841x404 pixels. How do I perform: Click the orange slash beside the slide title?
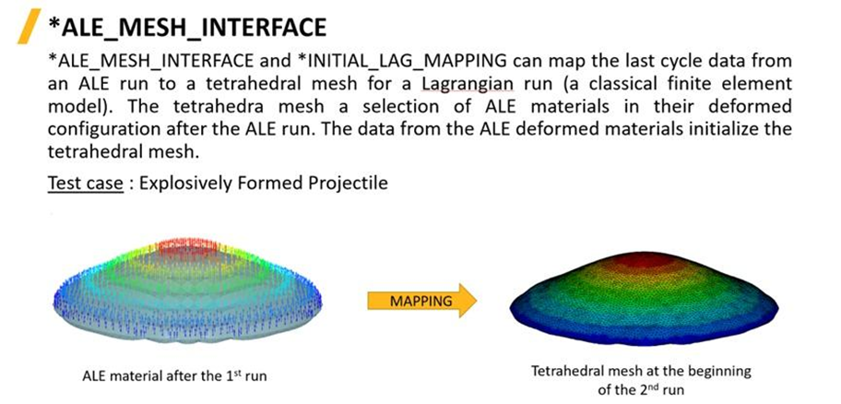[30, 27]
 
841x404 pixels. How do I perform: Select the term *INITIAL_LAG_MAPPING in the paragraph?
[401, 62]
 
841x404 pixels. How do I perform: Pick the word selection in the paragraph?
[400, 107]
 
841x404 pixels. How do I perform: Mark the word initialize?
[724, 129]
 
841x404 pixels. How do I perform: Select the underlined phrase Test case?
[85, 183]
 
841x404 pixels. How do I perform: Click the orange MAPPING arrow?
[421, 301]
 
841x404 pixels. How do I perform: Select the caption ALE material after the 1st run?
[174, 376]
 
